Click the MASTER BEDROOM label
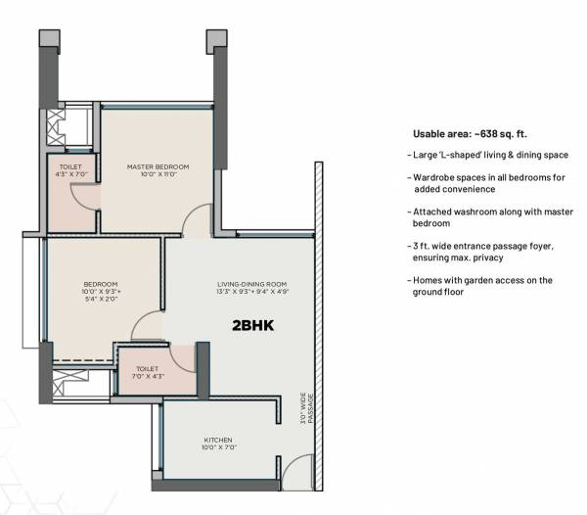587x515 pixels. [158, 166]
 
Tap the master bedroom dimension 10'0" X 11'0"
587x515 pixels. [158, 175]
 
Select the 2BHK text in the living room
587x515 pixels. [252, 326]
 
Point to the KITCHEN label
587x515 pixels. [217, 440]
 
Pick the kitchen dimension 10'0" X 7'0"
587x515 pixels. [217, 448]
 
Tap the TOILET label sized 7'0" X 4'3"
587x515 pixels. [140, 370]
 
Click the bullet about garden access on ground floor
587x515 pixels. [482, 286]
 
